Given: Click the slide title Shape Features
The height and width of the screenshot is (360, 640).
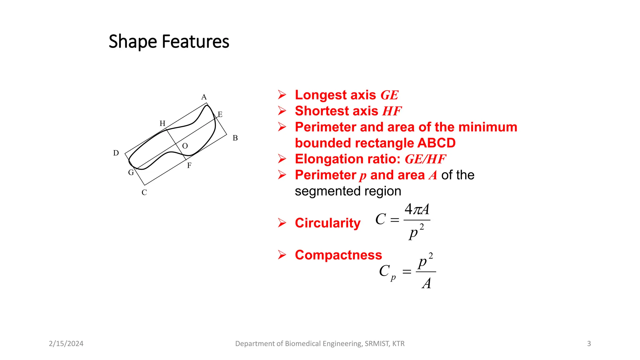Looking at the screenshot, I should click(x=169, y=42).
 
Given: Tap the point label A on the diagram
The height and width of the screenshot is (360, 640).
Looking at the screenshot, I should click(x=204, y=97).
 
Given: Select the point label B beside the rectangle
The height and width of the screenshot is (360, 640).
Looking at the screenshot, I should click(x=235, y=138).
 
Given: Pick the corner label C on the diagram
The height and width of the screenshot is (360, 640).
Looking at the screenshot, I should click(x=144, y=192).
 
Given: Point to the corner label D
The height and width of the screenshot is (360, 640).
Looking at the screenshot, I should click(x=116, y=153).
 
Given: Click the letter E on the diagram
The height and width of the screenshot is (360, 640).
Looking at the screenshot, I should click(x=220, y=114).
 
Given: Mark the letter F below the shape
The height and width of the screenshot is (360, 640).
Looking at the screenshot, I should click(x=189, y=166).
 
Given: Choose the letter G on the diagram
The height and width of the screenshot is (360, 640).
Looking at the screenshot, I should click(x=131, y=172).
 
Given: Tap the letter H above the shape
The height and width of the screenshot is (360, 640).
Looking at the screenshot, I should click(x=162, y=123).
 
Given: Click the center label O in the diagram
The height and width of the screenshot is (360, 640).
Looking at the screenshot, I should click(x=185, y=146).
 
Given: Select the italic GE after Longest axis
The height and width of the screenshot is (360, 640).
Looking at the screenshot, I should click(x=389, y=95).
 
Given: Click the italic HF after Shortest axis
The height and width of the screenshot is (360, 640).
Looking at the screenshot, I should click(x=392, y=111).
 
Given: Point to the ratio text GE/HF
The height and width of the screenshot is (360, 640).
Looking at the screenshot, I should click(x=425, y=159).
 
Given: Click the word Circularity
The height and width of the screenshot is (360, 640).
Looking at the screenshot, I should click(x=327, y=223).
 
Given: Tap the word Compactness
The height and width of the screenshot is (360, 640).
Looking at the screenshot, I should click(x=338, y=255).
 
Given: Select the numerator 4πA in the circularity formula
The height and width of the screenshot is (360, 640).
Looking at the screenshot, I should click(x=417, y=209).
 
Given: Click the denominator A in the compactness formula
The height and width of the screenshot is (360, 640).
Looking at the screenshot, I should click(x=427, y=283).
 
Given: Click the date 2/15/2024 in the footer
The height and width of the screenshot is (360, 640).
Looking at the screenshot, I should click(x=66, y=344).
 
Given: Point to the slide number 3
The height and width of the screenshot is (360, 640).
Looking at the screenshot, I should click(x=589, y=344).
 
